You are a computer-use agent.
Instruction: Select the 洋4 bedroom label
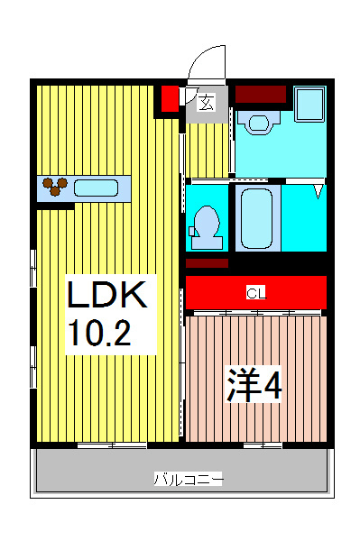[x=254, y=385]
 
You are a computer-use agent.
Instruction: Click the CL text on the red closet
[x=256, y=292]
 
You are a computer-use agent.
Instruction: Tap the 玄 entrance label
[x=207, y=102]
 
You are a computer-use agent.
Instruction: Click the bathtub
[x=257, y=217]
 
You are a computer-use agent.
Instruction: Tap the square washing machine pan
[x=309, y=105]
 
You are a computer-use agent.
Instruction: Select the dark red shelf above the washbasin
[x=261, y=93]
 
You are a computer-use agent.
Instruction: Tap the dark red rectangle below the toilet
[x=208, y=262]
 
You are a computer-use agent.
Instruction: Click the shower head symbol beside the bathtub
[x=318, y=190]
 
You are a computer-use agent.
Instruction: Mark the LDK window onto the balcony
[x=112, y=445]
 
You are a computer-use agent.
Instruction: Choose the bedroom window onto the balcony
[x=263, y=445]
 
